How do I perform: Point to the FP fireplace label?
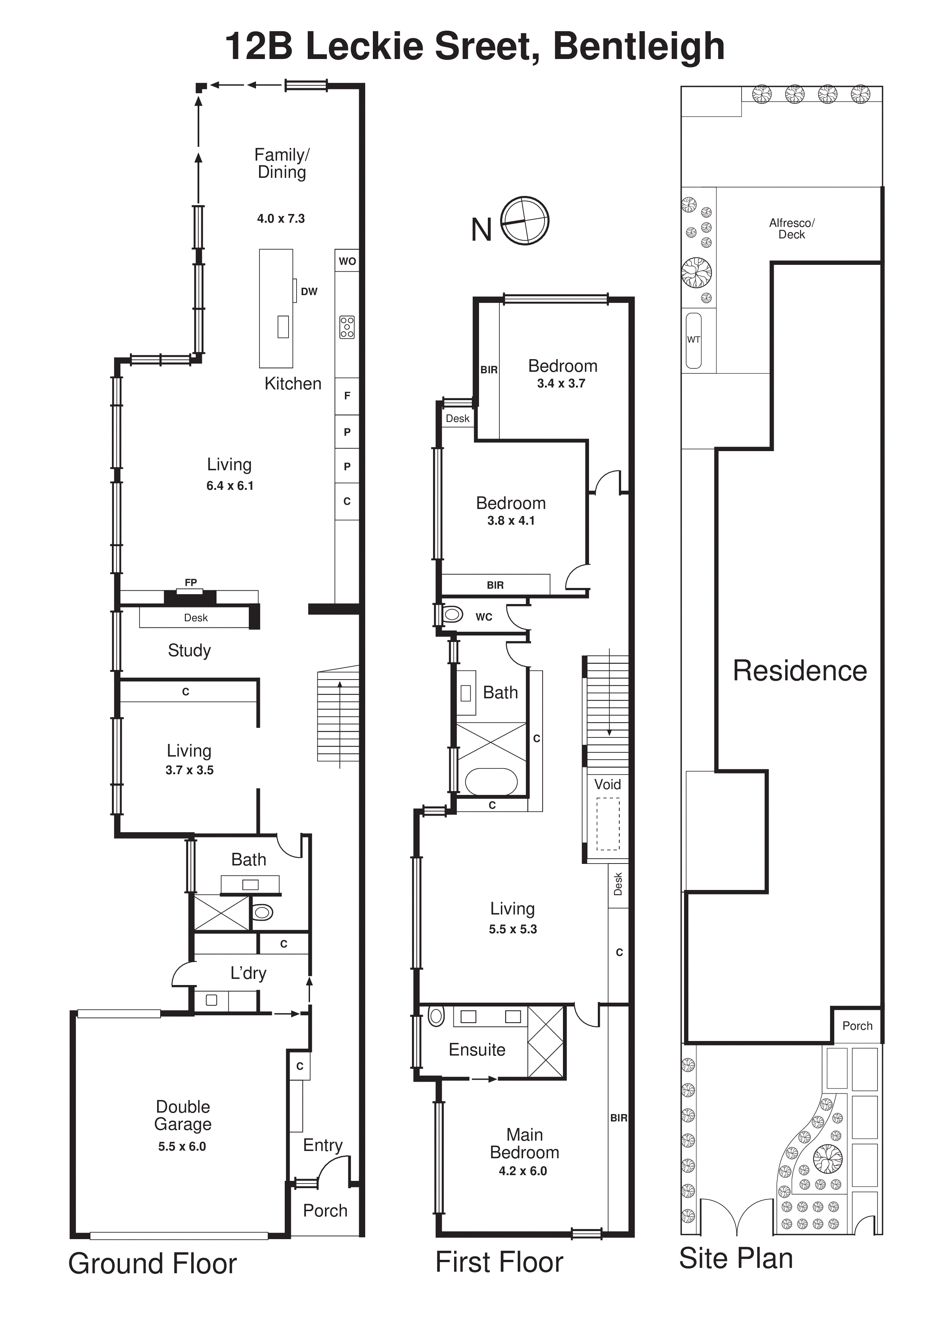[x=191, y=583]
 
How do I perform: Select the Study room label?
[x=189, y=650]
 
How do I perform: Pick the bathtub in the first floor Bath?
[x=491, y=782]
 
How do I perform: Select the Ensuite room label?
[x=477, y=1050]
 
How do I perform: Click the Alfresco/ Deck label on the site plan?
[x=791, y=229]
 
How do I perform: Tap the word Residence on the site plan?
[x=800, y=671]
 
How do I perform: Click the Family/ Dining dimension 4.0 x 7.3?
[x=281, y=219]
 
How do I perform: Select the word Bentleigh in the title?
[x=639, y=46]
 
